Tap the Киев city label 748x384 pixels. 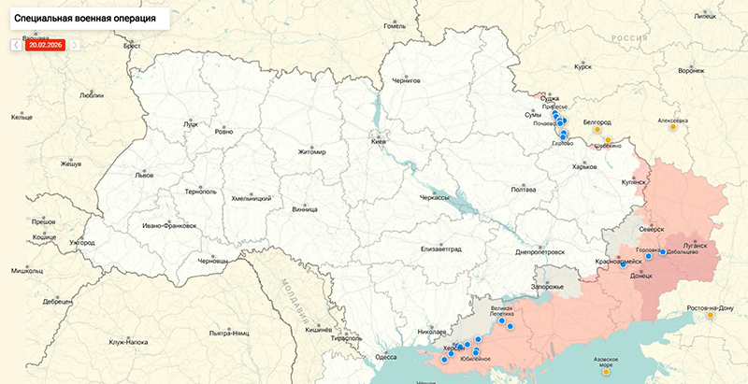tap(379, 142)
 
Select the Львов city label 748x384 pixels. tap(144, 175)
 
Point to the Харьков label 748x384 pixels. tap(583, 167)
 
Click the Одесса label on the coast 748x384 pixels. tap(385, 356)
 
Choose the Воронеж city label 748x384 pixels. tap(691, 71)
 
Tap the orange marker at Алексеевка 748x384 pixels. tap(672, 128)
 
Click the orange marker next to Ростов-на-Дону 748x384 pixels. tap(711, 316)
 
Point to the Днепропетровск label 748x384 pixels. tap(540, 252)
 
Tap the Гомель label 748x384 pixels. tap(396, 26)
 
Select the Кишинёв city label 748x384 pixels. tap(319, 330)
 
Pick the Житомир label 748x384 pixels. tap(311, 152)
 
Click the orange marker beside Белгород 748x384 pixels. tap(608, 140)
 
